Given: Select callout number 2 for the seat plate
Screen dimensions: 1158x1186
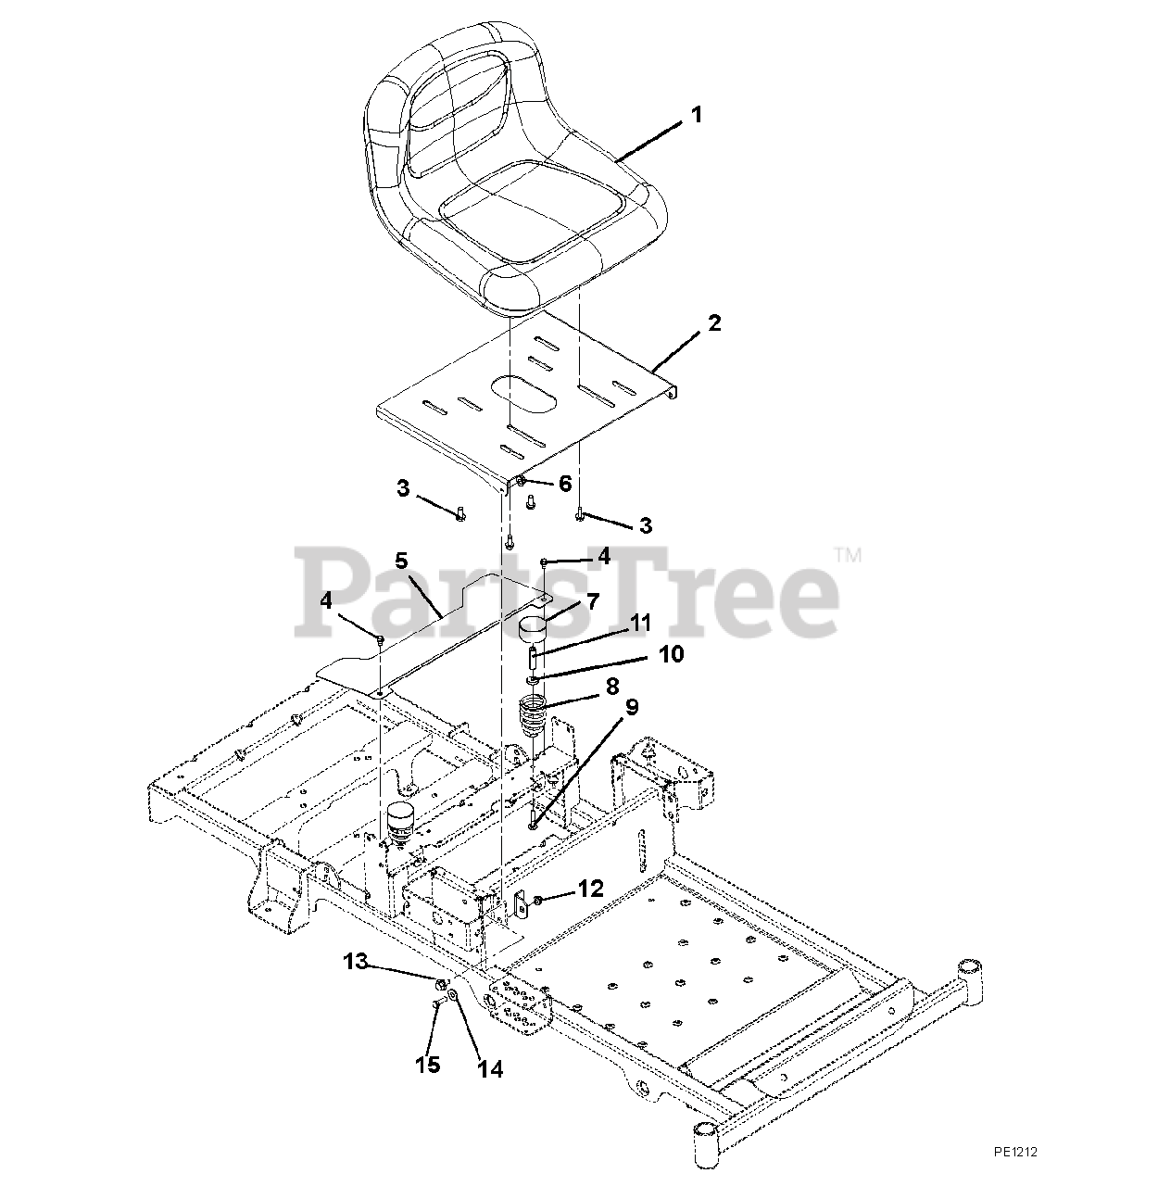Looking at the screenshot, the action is coord(713,323).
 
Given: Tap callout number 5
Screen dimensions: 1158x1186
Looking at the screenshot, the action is coord(401,561).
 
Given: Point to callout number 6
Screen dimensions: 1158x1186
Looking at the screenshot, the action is coord(564,484).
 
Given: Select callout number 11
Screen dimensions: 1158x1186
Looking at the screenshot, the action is coord(641,622).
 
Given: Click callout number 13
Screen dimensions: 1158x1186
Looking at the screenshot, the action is coord(355,962).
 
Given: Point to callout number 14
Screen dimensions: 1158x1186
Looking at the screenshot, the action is coord(489,1069).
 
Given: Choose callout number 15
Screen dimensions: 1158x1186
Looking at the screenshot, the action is coord(427,1065).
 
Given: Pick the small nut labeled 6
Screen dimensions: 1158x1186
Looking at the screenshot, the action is coord(522,482).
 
